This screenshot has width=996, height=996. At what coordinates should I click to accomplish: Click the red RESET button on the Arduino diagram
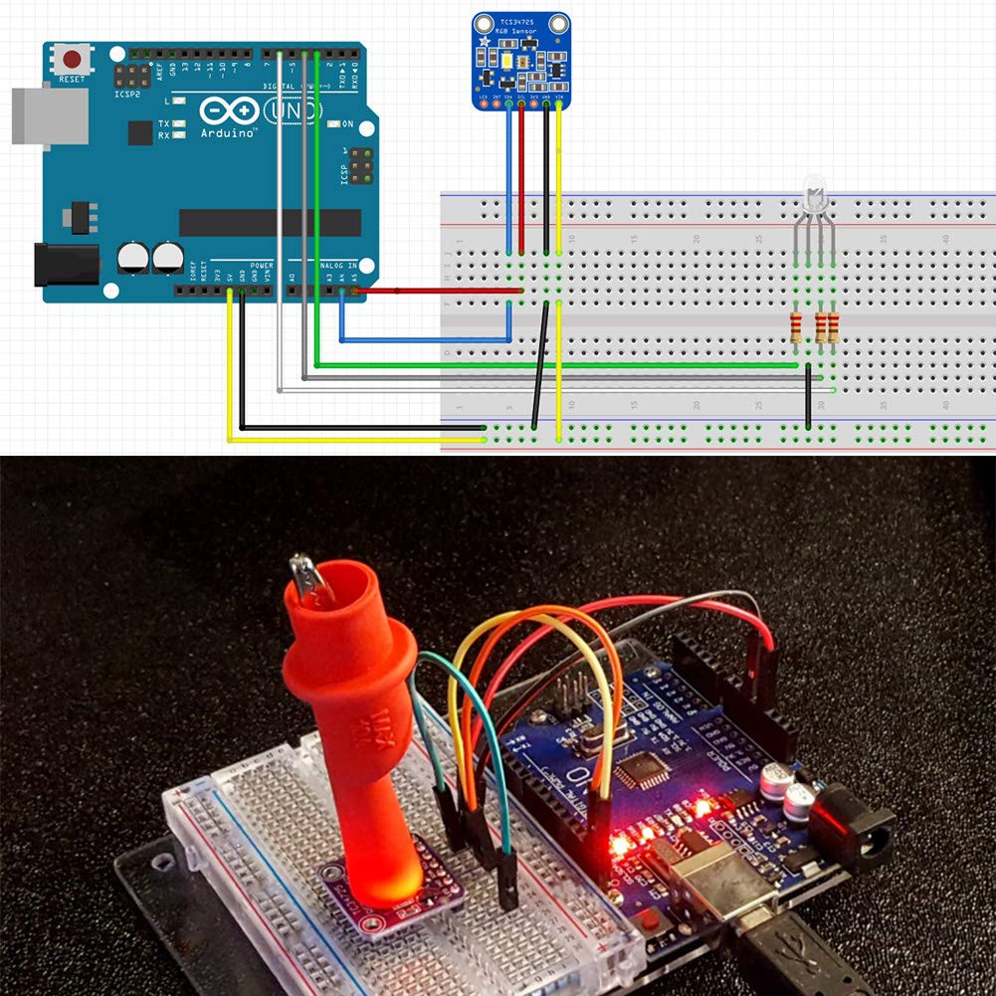tap(72, 59)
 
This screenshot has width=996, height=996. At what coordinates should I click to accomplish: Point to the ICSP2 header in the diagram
tap(131, 75)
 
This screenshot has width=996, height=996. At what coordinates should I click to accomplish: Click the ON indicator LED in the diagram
tap(334, 124)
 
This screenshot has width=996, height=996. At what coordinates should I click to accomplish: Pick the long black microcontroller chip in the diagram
tap(270, 222)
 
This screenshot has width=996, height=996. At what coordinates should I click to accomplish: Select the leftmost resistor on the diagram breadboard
tap(796, 326)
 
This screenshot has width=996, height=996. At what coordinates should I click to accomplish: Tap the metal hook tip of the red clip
tap(306, 577)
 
